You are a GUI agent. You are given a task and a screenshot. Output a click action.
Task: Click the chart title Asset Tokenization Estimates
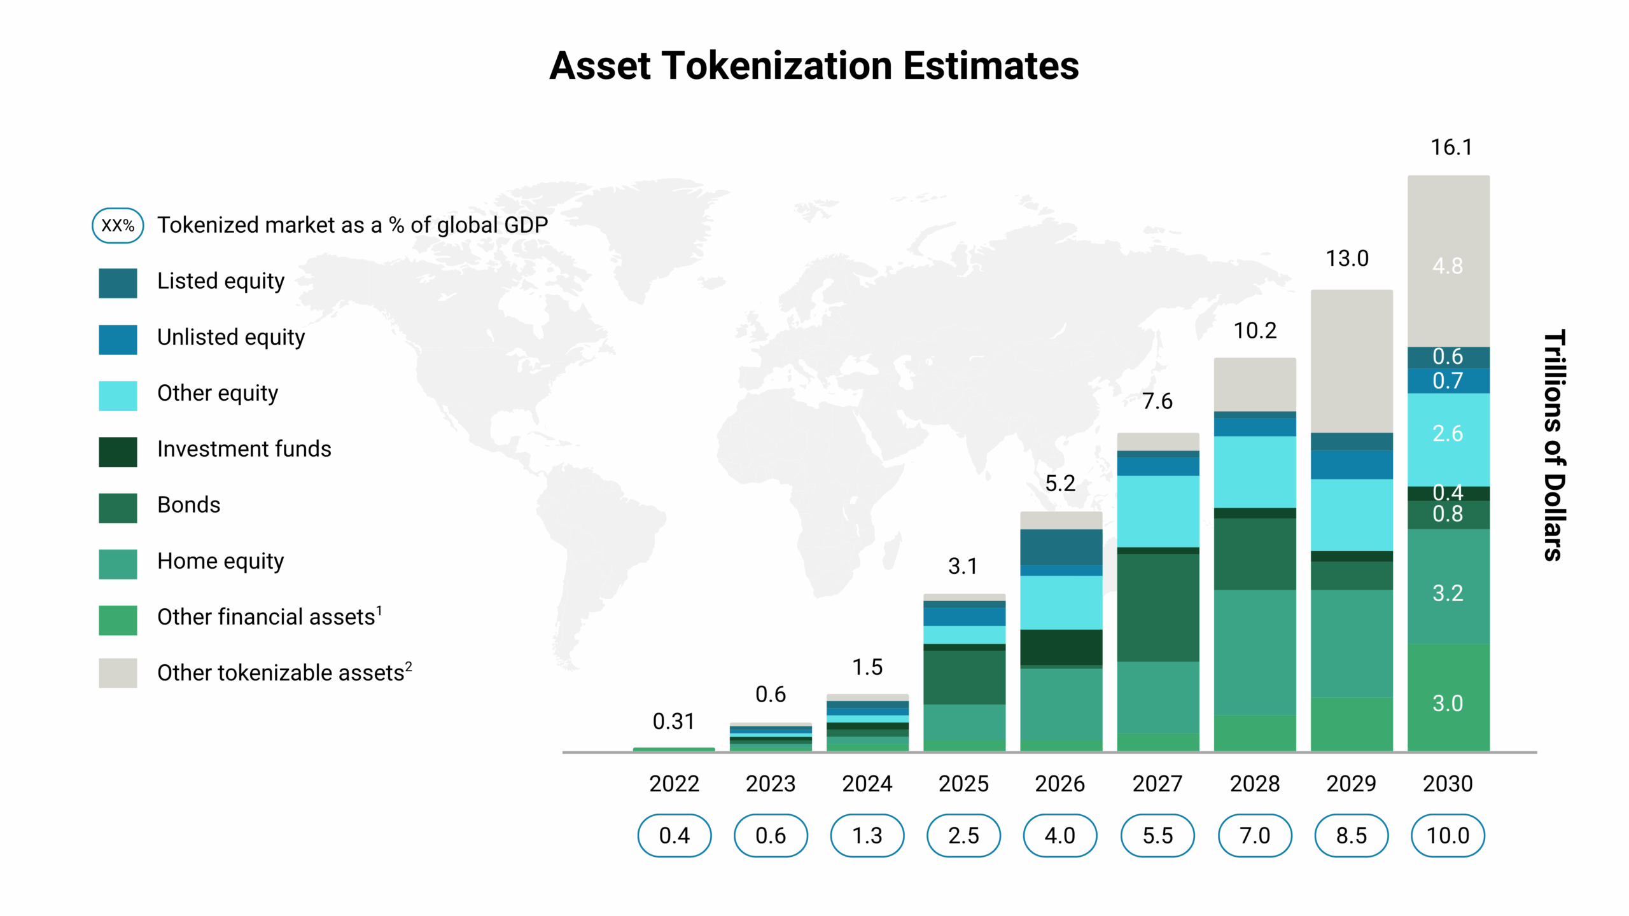[x=814, y=66]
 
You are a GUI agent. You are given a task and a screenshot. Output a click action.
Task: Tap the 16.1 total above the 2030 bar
[x=1451, y=148]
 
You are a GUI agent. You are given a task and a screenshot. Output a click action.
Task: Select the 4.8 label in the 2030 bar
[x=1448, y=266]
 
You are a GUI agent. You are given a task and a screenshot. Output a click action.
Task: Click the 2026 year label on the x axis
[x=1060, y=784]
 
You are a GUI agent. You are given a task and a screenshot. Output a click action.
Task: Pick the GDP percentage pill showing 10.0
[x=1448, y=835]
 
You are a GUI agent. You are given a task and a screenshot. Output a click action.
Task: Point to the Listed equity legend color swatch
[x=118, y=283]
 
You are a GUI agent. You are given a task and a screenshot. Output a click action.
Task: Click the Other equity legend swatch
[x=118, y=396]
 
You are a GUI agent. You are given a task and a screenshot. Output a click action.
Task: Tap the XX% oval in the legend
[x=118, y=225]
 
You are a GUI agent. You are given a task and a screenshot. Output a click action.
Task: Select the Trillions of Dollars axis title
[x=1554, y=445]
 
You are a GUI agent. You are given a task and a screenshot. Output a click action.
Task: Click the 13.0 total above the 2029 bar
[x=1347, y=259]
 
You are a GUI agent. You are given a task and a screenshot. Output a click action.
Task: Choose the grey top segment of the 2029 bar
[x=1352, y=361]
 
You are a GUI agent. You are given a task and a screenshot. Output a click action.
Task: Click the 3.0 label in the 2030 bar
[x=1448, y=704]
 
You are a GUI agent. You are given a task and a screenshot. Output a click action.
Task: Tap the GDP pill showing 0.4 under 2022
[x=674, y=835]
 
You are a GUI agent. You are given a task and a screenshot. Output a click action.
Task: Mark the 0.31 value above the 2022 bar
[x=673, y=721]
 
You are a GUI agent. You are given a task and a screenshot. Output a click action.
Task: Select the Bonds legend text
[x=188, y=505]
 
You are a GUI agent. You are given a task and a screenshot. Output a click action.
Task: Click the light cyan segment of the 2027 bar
[x=1158, y=511]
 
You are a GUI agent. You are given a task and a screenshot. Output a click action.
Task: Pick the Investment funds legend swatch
[x=118, y=452]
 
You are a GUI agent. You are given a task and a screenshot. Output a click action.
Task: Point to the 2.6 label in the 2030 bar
[x=1448, y=434]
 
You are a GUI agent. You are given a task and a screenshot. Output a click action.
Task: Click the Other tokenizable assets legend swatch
[x=118, y=673]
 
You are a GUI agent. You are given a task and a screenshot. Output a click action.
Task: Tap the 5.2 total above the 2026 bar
[x=1060, y=483]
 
